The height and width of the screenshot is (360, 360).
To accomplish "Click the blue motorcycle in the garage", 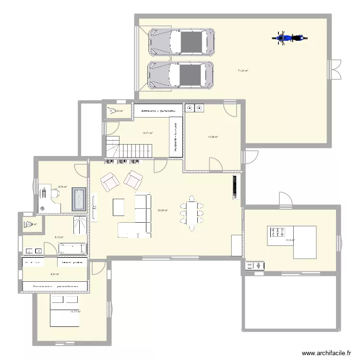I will [x=289, y=38].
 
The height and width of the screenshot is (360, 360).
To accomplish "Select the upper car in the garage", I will [x=181, y=41].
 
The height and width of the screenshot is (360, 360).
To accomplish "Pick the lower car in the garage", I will [x=180, y=75].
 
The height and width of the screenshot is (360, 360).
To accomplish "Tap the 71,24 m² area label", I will [x=243, y=71].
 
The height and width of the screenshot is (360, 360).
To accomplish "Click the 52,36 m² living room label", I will [x=163, y=210].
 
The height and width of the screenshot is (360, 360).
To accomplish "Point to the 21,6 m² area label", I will [x=290, y=240].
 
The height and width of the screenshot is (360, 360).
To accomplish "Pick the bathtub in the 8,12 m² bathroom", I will [x=72, y=248].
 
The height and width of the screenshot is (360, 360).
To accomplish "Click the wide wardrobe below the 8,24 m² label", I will [x=55, y=287].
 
